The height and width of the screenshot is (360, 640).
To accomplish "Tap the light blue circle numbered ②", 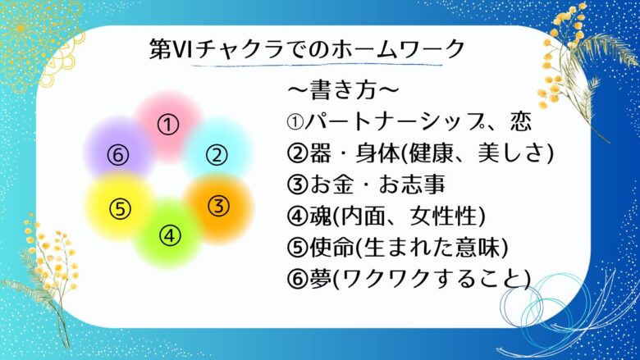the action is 217,155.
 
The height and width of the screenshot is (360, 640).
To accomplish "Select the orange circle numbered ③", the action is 219,207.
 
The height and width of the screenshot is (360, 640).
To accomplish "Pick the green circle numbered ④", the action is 169,235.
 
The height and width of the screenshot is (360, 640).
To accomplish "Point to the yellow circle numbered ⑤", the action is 120,209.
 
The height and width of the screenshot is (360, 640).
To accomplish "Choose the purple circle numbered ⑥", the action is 118,155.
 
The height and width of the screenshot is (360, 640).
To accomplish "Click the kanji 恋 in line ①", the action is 521,121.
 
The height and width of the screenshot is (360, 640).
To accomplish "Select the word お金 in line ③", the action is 330,185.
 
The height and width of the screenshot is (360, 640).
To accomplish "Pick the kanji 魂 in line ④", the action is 320,216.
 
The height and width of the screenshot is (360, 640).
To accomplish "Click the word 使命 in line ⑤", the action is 331,248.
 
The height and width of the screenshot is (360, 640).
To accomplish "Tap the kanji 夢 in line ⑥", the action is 320,279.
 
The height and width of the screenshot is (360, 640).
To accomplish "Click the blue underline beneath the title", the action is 317,65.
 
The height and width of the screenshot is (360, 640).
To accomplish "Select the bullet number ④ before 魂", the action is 297,216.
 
